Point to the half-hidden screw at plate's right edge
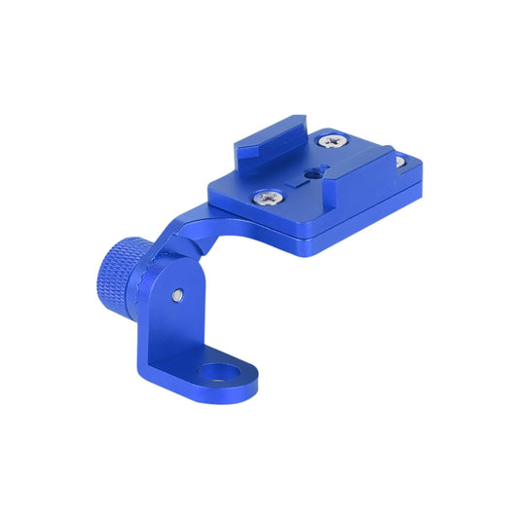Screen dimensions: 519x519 pyautogui.click(x=401, y=162)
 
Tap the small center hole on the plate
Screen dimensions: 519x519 pyautogui.click(x=314, y=172)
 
